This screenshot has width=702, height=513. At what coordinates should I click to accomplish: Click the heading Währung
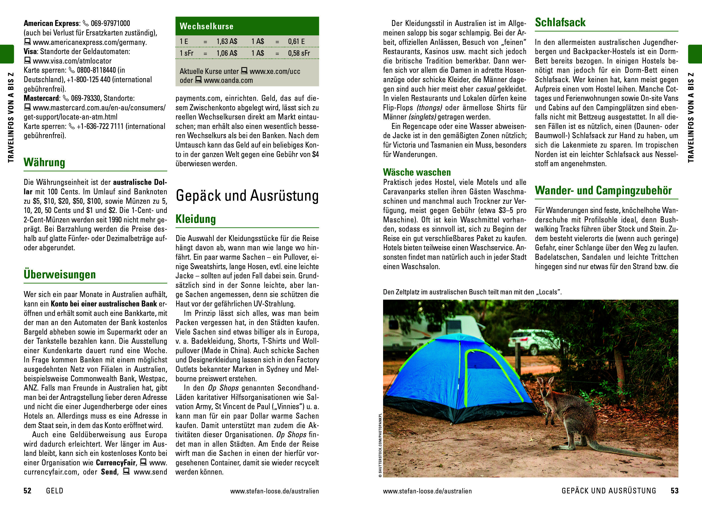44,162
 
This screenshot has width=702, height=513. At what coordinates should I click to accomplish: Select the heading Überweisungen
59,275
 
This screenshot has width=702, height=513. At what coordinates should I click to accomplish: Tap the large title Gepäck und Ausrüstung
247,196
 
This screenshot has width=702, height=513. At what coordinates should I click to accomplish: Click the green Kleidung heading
195,219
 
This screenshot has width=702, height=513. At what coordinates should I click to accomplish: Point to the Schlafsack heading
560,22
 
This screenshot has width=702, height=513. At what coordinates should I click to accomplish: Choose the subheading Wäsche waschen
417,172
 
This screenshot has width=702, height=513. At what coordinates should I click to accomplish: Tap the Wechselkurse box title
206,26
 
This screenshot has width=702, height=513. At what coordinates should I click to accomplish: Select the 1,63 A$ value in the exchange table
227,41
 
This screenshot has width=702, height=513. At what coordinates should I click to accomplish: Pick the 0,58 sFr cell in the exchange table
299,53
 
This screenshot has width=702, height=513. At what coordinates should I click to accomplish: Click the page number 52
28,491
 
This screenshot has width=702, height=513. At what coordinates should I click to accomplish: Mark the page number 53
674,491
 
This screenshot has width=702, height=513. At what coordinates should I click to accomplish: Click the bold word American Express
51,23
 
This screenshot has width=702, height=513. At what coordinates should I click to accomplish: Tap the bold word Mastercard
41,98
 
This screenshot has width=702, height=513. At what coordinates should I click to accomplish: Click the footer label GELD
54,491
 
